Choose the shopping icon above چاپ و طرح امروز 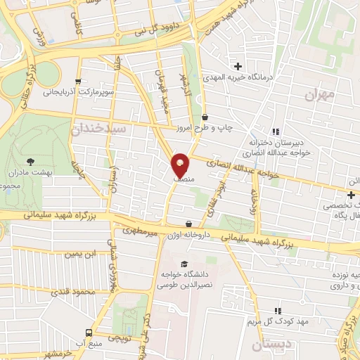click(205, 117)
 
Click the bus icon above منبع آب click(89, 333)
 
